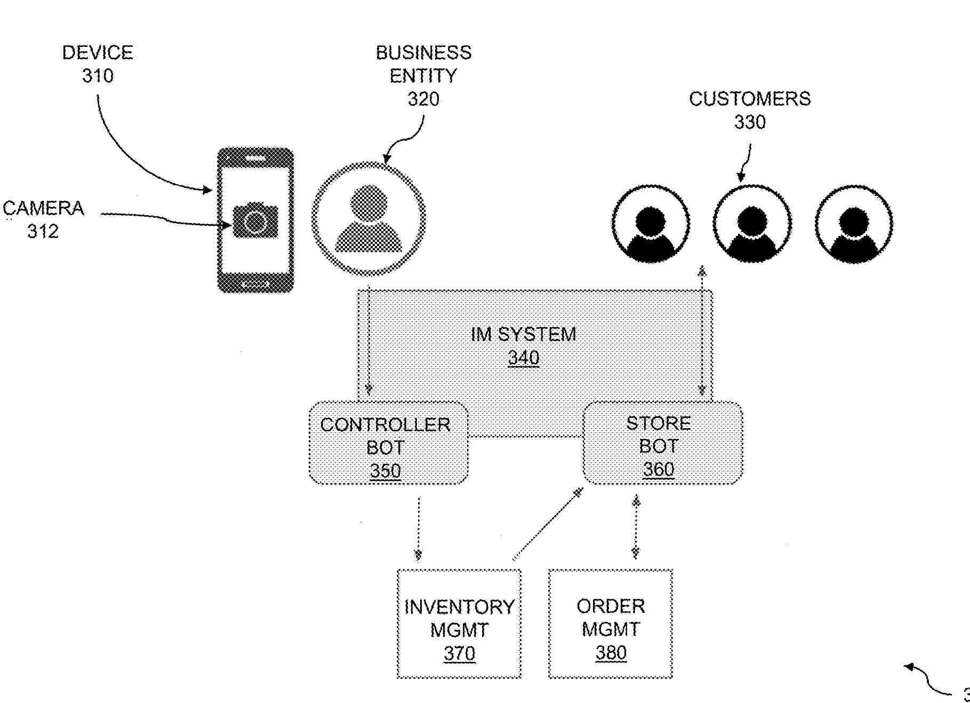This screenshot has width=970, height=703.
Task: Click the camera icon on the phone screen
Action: point(255,220)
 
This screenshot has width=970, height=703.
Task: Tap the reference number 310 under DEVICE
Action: point(98,76)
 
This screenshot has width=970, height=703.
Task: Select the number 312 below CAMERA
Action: point(43,231)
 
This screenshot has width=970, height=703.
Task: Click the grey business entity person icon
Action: point(368,218)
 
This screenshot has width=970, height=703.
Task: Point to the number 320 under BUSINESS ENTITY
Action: point(423,99)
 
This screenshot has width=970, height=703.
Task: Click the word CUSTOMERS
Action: point(749,99)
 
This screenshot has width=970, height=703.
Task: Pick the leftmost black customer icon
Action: point(651,224)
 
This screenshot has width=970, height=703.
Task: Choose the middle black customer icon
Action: point(752,224)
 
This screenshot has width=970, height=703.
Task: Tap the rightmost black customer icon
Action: point(854,224)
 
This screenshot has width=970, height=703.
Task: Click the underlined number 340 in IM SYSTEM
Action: point(523,358)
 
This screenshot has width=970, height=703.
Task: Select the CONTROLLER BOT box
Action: point(388,443)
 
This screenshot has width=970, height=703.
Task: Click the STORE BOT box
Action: point(662,443)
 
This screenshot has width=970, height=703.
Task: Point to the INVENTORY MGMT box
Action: point(459,623)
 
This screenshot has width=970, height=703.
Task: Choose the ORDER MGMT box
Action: point(611,623)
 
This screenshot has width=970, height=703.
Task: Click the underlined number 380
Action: point(611,653)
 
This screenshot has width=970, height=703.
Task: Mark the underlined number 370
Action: point(459,653)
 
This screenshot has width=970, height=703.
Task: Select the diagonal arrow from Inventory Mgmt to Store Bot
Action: point(547,524)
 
